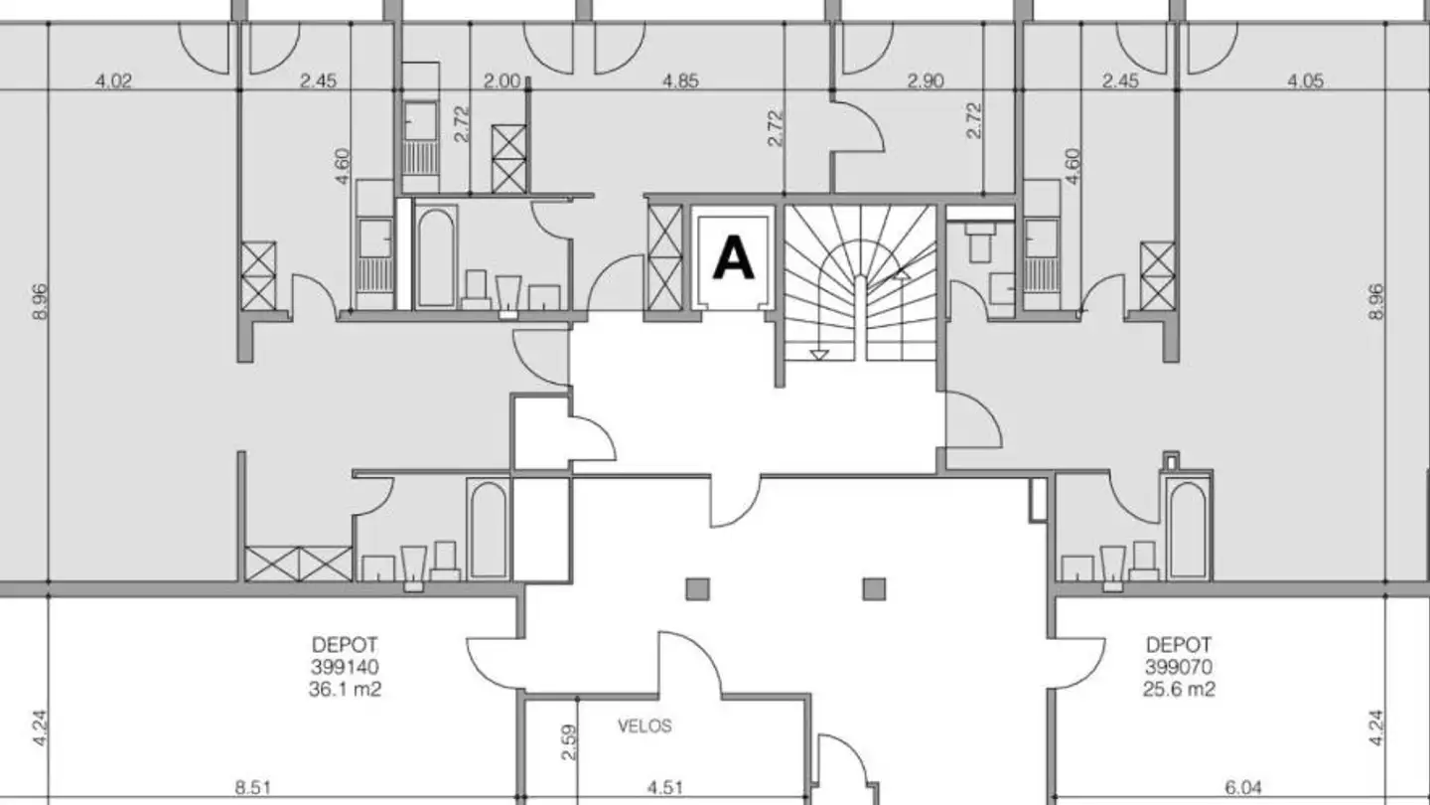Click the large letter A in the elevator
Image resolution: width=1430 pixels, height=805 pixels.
[x=734, y=257]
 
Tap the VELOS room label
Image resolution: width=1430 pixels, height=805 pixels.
[x=644, y=726]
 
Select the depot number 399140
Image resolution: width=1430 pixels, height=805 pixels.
[x=345, y=667]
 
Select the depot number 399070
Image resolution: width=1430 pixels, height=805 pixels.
[x=1179, y=667]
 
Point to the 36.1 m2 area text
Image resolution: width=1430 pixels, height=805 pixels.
[x=345, y=690]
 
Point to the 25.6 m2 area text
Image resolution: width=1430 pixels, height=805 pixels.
[x=1179, y=690]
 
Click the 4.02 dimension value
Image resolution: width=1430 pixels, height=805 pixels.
[x=113, y=81]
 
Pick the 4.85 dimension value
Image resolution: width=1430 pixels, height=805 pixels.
[x=680, y=81]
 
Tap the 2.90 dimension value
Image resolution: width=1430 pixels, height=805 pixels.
[x=926, y=81]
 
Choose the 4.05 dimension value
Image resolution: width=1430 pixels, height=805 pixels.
[x=1305, y=81]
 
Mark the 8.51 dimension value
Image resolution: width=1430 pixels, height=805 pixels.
[x=253, y=788]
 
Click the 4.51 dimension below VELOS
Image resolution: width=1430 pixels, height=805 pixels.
[x=665, y=788]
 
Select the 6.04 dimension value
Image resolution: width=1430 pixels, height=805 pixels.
[x=1243, y=788]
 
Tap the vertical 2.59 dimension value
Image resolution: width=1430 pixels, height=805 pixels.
[x=568, y=742]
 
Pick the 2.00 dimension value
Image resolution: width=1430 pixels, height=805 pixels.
[x=501, y=81]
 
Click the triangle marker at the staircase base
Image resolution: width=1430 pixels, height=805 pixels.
[x=818, y=355]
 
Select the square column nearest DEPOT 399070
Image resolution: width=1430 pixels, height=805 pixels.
[x=874, y=589]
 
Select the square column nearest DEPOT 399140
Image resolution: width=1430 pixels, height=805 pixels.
[x=697, y=589]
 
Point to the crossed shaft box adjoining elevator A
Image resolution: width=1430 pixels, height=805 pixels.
[x=664, y=257]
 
